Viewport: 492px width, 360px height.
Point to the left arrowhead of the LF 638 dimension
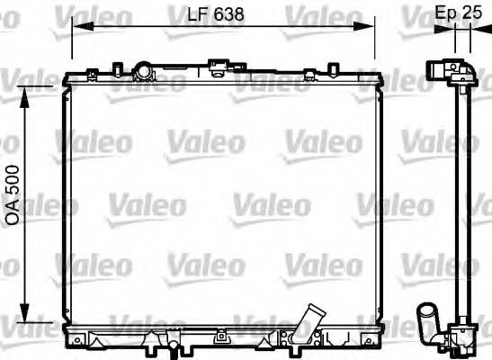tap(76, 28)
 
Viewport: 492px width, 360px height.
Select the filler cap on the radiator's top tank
tap(142, 69)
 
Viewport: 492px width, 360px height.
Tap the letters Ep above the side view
tap(444, 13)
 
